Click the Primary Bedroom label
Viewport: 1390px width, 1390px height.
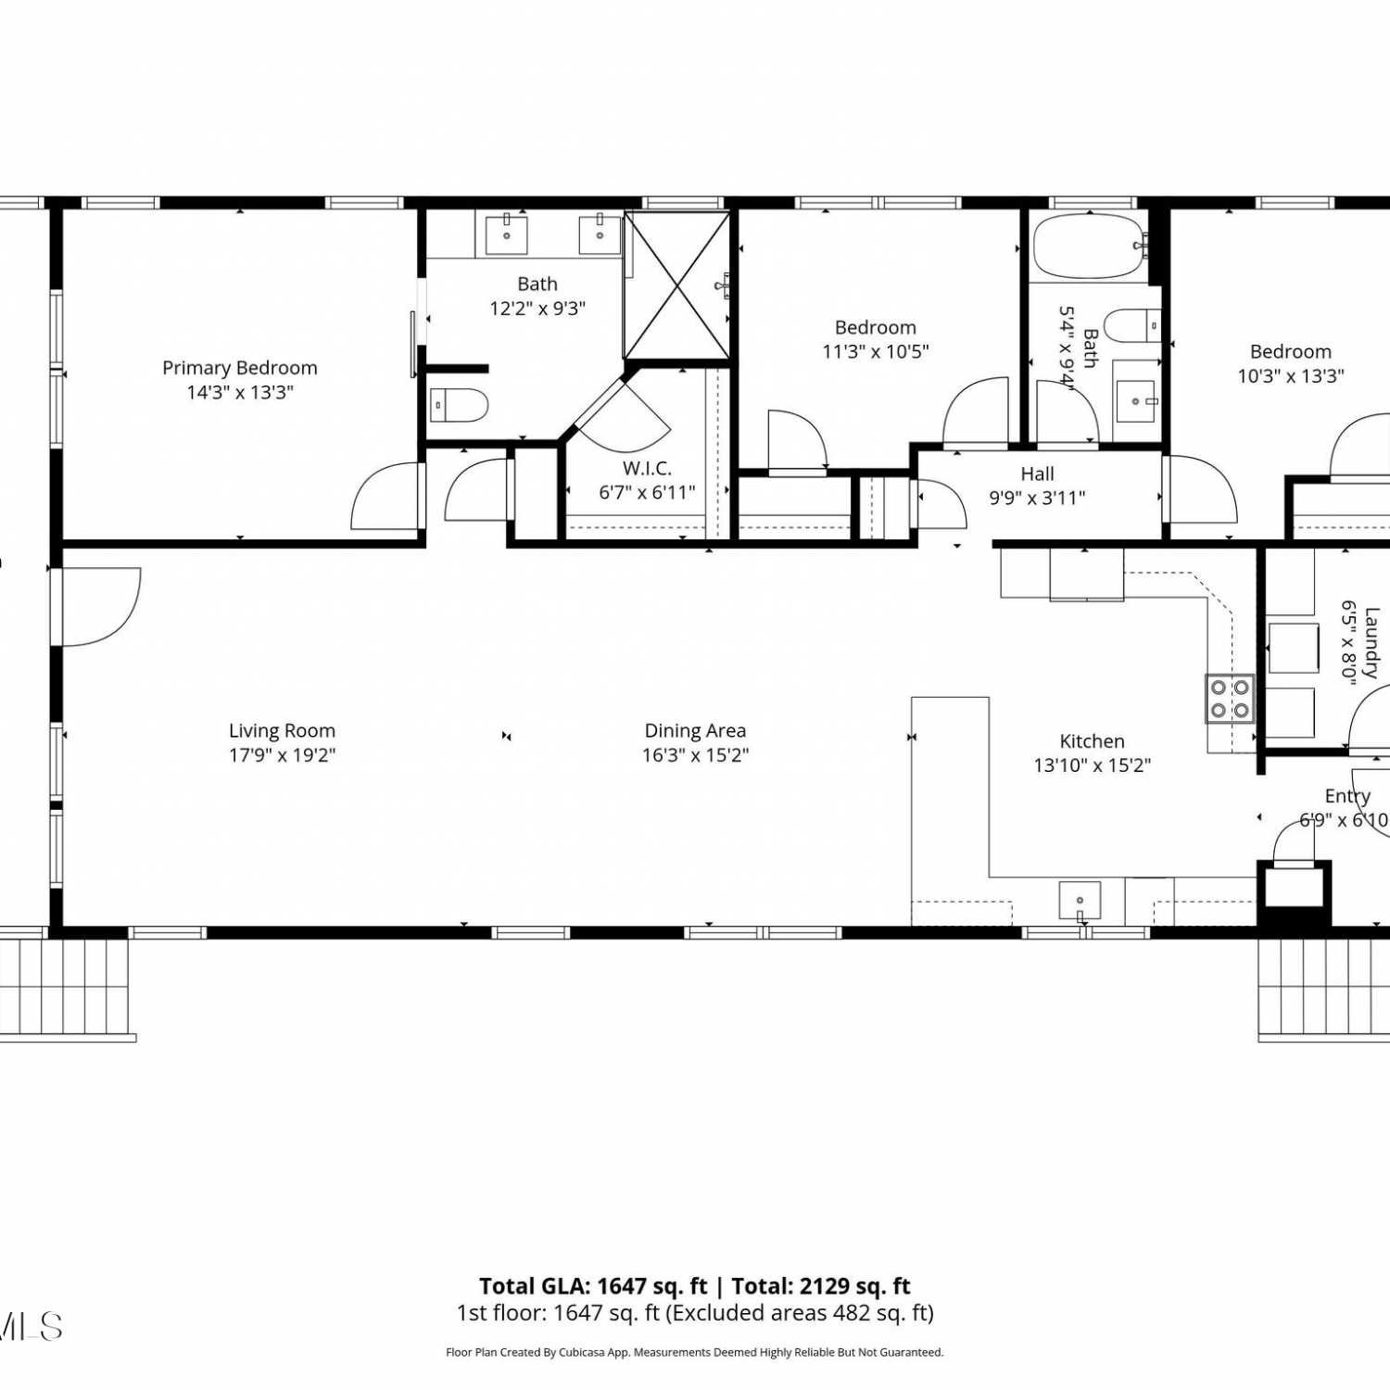pos(240,368)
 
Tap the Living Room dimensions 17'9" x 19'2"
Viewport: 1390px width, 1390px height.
pos(282,755)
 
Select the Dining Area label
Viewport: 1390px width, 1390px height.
pos(695,731)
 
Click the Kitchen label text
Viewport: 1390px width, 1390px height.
pos(1092,741)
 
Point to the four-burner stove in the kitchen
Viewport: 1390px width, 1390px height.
pos(1230,699)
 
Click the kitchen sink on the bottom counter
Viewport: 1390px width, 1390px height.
pos(1080,900)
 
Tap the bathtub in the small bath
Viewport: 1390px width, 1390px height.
pos(1090,246)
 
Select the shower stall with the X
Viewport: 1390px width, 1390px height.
pos(677,284)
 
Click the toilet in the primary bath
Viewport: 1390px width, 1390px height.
pos(459,405)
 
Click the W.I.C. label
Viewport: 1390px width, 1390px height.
pos(647,468)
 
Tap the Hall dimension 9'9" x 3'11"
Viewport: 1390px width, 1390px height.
pos(1037,499)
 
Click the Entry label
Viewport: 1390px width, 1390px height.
pos(1347,796)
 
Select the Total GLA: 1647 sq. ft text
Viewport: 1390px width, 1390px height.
pos(593,1286)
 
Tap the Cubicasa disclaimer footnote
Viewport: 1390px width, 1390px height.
pos(695,1353)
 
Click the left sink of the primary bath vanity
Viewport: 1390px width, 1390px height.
pos(507,234)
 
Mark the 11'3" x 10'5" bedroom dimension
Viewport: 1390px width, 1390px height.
pos(876,352)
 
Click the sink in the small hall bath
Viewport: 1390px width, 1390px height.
pos(1135,400)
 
